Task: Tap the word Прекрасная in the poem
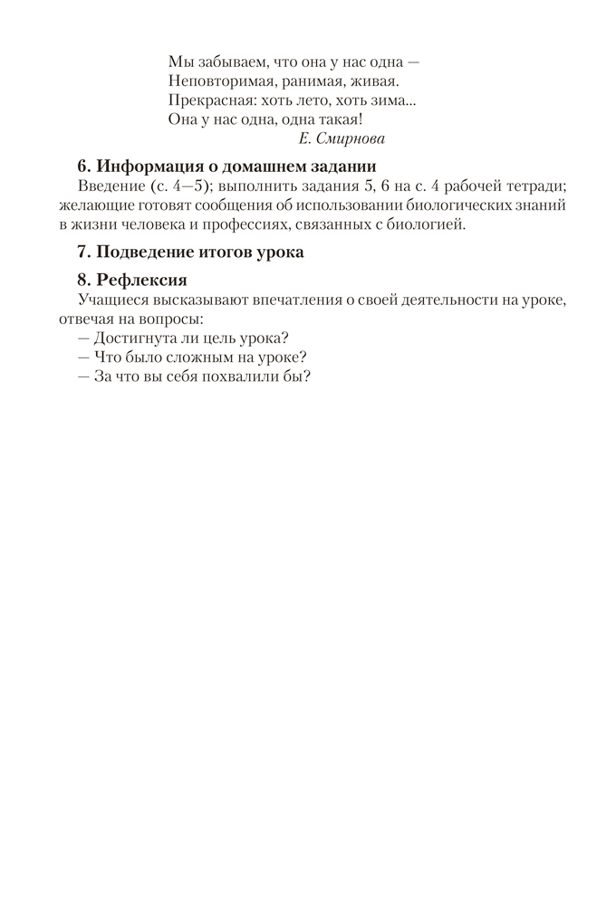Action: click(x=208, y=99)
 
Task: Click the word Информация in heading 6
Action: click(x=148, y=167)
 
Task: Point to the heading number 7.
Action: click(x=82, y=252)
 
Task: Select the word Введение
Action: click(x=107, y=186)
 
